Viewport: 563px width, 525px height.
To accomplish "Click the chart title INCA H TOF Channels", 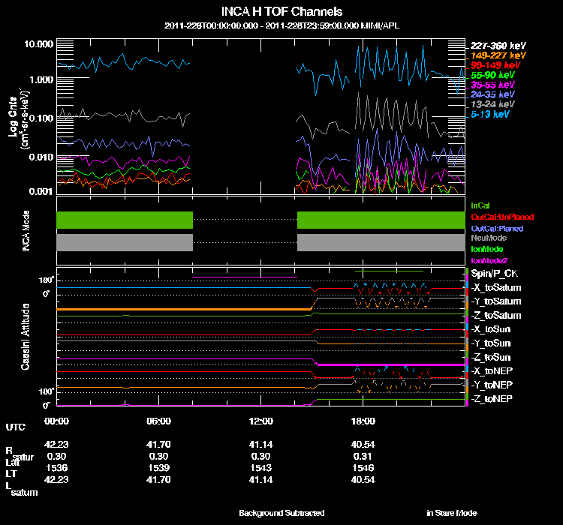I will [x=281, y=12].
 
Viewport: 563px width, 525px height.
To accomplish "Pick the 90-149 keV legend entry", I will [x=492, y=65].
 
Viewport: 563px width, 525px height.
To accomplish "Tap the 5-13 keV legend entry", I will [x=492, y=115].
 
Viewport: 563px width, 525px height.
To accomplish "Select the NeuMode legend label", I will [x=487, y=238].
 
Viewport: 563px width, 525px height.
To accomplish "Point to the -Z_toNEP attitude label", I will [x=492, y=398].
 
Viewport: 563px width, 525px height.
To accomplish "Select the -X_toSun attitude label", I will [x=492, y=329].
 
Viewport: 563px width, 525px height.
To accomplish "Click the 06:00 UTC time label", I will [x=159, y=420].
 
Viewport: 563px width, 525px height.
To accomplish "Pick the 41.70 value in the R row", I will [x=159, y=445].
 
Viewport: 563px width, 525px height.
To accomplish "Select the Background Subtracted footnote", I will [x=281, y=513].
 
